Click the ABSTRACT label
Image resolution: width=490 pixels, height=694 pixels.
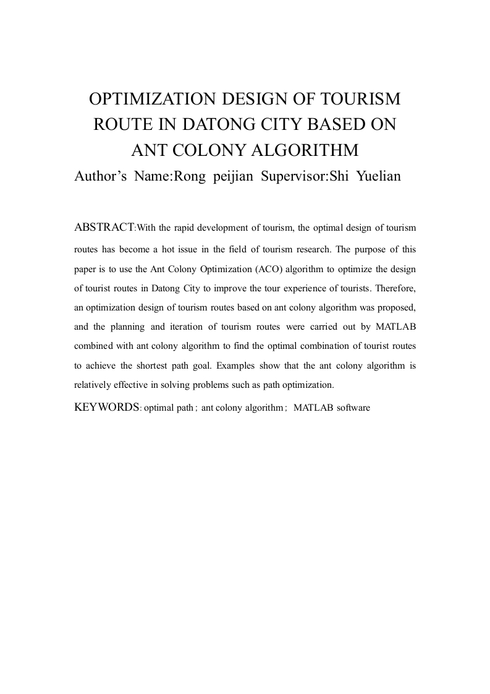point(103,227)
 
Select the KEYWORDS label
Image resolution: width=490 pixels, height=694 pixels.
point(106,408)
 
